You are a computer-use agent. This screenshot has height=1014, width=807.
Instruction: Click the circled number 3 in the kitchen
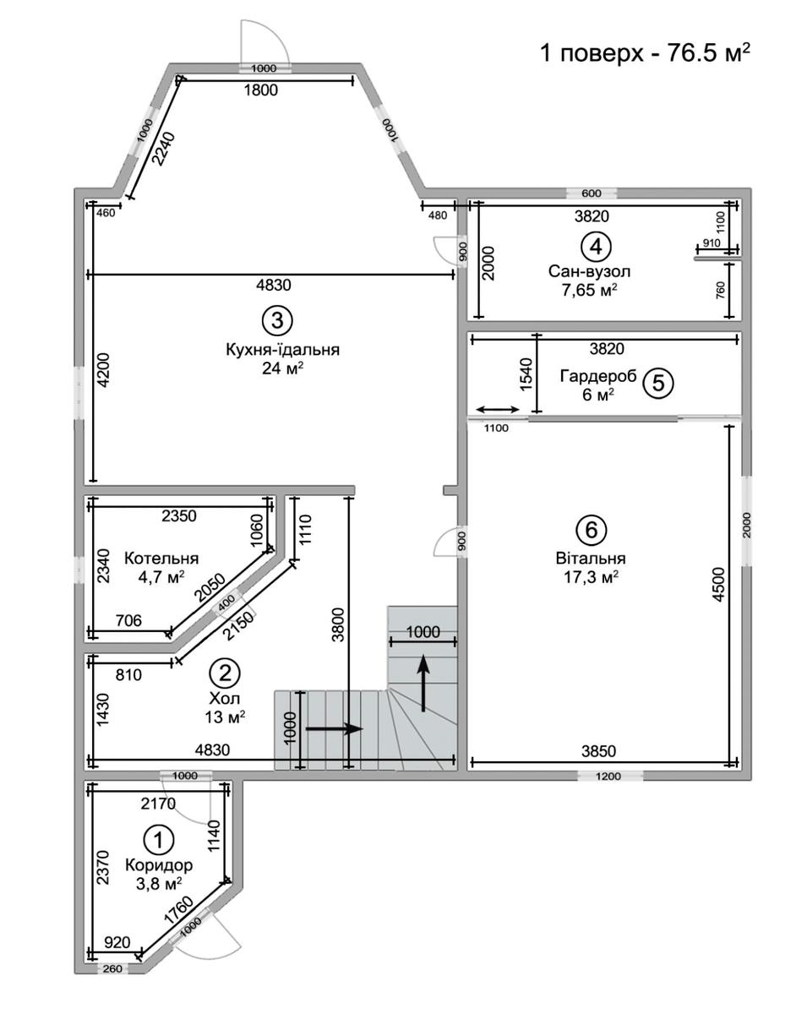(277, 320)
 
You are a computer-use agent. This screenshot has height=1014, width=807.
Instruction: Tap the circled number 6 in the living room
(592, 530)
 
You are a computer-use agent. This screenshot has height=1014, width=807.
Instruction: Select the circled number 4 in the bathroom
(596, 247)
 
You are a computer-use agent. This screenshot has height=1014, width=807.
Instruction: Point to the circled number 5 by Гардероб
(658, 383)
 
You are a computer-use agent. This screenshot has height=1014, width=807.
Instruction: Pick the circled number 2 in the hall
(225, 673)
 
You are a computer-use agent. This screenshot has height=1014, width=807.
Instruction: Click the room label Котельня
(161, 559)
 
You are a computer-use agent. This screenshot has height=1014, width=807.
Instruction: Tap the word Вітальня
(591, 559)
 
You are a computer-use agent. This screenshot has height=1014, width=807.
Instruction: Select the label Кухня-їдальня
(283, 350)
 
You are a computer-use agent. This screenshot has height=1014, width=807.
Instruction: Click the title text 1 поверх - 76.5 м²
(645, 52)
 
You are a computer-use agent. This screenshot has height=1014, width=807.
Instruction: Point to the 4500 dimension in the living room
(718, 584)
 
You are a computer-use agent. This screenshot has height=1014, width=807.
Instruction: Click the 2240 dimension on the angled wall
(164, 150)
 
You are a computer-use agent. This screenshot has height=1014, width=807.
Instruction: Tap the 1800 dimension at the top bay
(260, 90)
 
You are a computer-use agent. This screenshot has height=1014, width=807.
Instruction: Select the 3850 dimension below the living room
(598, 750)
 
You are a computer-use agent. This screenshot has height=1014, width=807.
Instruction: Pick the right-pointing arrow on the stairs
(334, 729)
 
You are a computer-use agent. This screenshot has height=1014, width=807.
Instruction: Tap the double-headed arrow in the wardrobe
(498, 409)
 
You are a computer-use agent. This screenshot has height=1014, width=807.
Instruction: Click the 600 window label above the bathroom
(592, 194)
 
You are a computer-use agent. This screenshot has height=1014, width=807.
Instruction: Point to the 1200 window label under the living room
(608, 776)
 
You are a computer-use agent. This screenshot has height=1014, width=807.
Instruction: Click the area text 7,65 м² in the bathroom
(589, 290)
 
